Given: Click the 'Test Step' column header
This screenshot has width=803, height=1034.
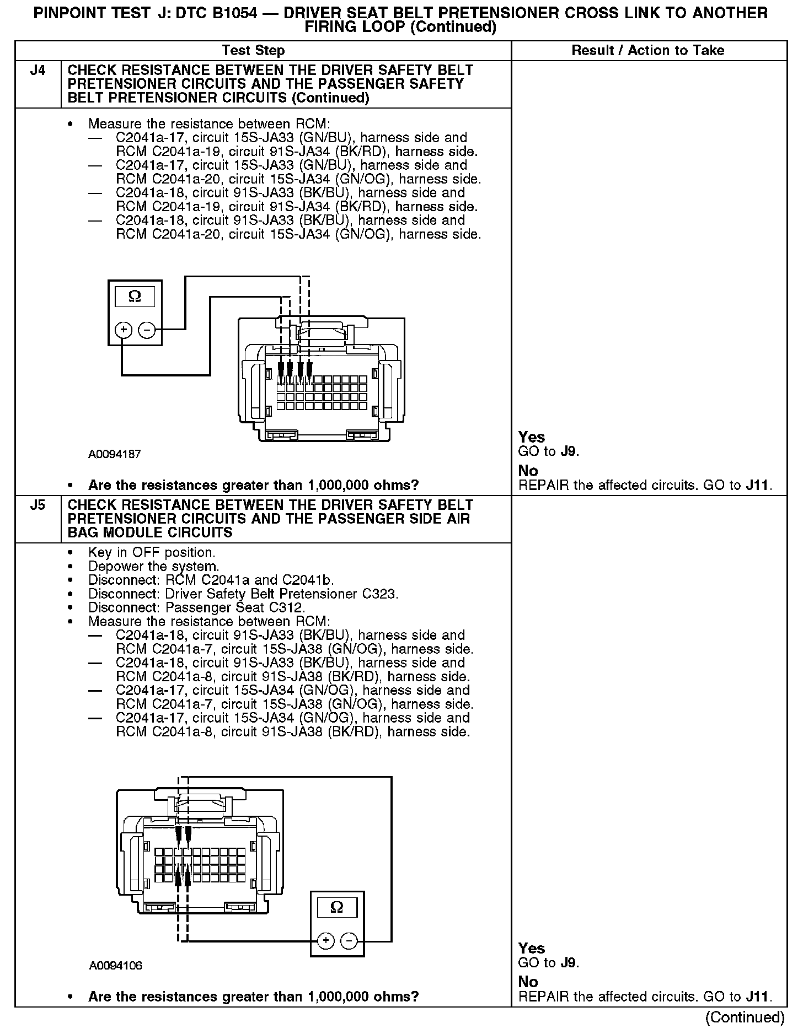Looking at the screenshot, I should click(253, 51).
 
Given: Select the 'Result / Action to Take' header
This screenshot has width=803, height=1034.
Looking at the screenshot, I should click(647, 51).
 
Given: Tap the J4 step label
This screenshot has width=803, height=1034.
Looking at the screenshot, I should click(38, 71).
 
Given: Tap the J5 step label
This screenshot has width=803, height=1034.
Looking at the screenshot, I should click(38, 505).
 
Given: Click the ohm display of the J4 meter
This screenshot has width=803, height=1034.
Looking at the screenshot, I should click(135, 297).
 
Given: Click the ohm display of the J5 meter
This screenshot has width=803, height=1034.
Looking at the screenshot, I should click(337, 907).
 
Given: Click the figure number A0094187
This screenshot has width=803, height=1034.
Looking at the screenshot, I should click(115, 455).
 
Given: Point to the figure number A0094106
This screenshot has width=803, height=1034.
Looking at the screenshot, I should click(115, 966).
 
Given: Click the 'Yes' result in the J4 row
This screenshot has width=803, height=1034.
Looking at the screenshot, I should click(532, 437).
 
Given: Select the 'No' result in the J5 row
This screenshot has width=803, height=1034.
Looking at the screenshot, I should click(528, 982).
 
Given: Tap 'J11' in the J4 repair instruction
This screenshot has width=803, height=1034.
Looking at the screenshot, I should click(758, 485).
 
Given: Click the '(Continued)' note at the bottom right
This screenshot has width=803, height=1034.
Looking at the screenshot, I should click(745, 1016).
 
